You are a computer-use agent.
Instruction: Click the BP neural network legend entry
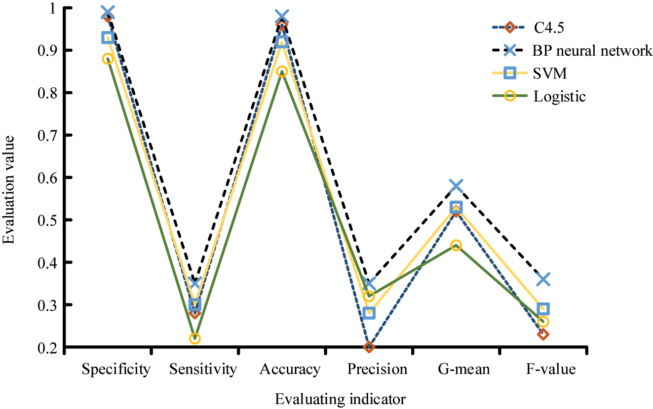click(x=592, y=50)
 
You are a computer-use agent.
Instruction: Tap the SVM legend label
click(x=550, y=74)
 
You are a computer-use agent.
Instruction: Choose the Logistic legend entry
click(x=559, y=96)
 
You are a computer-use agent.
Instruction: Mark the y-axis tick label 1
click(x=55, y=8)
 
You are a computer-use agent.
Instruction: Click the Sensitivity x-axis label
click(x=203, y=370)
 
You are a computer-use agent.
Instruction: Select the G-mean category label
click(x=463, y=370)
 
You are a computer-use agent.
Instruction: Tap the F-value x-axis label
click(x=550, y=370)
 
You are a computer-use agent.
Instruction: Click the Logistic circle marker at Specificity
click(x=108, y=59)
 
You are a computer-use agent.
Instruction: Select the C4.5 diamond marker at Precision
click(x=369, y=347)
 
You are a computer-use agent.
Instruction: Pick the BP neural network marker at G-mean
click(x=456, y=186)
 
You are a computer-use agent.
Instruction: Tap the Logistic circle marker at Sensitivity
click(x=195, y=338)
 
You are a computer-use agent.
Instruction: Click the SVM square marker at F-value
click(x=543, y=309)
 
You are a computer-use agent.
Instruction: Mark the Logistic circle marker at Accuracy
click(x=282, y=72)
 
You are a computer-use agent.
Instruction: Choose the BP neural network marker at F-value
click(x=543, y=280)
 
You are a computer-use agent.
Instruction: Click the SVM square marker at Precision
click(x=369, y=313)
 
